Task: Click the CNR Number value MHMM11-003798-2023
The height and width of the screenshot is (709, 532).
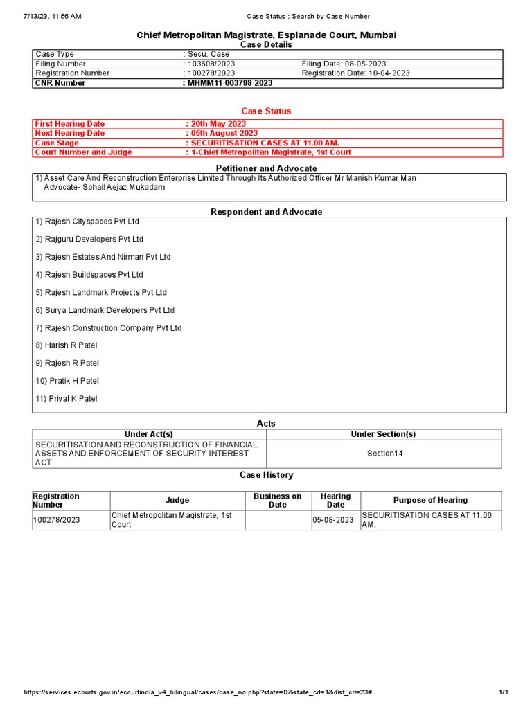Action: tap(229, 83)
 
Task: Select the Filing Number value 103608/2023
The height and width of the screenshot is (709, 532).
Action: tap(211, 64)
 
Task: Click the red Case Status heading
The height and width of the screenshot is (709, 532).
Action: tap(266, 111)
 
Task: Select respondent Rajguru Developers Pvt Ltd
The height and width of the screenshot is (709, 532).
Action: tap(89, 239)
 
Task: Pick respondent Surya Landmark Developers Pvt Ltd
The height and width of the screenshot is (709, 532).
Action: tap(105, 310)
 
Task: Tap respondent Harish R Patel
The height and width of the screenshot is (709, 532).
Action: tap(66, 345)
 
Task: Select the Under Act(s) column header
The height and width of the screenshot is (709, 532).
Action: tap(149, 434)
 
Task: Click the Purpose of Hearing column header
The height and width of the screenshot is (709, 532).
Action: tap(430, 500)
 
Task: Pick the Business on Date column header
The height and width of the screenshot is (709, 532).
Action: tap(277, 500)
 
